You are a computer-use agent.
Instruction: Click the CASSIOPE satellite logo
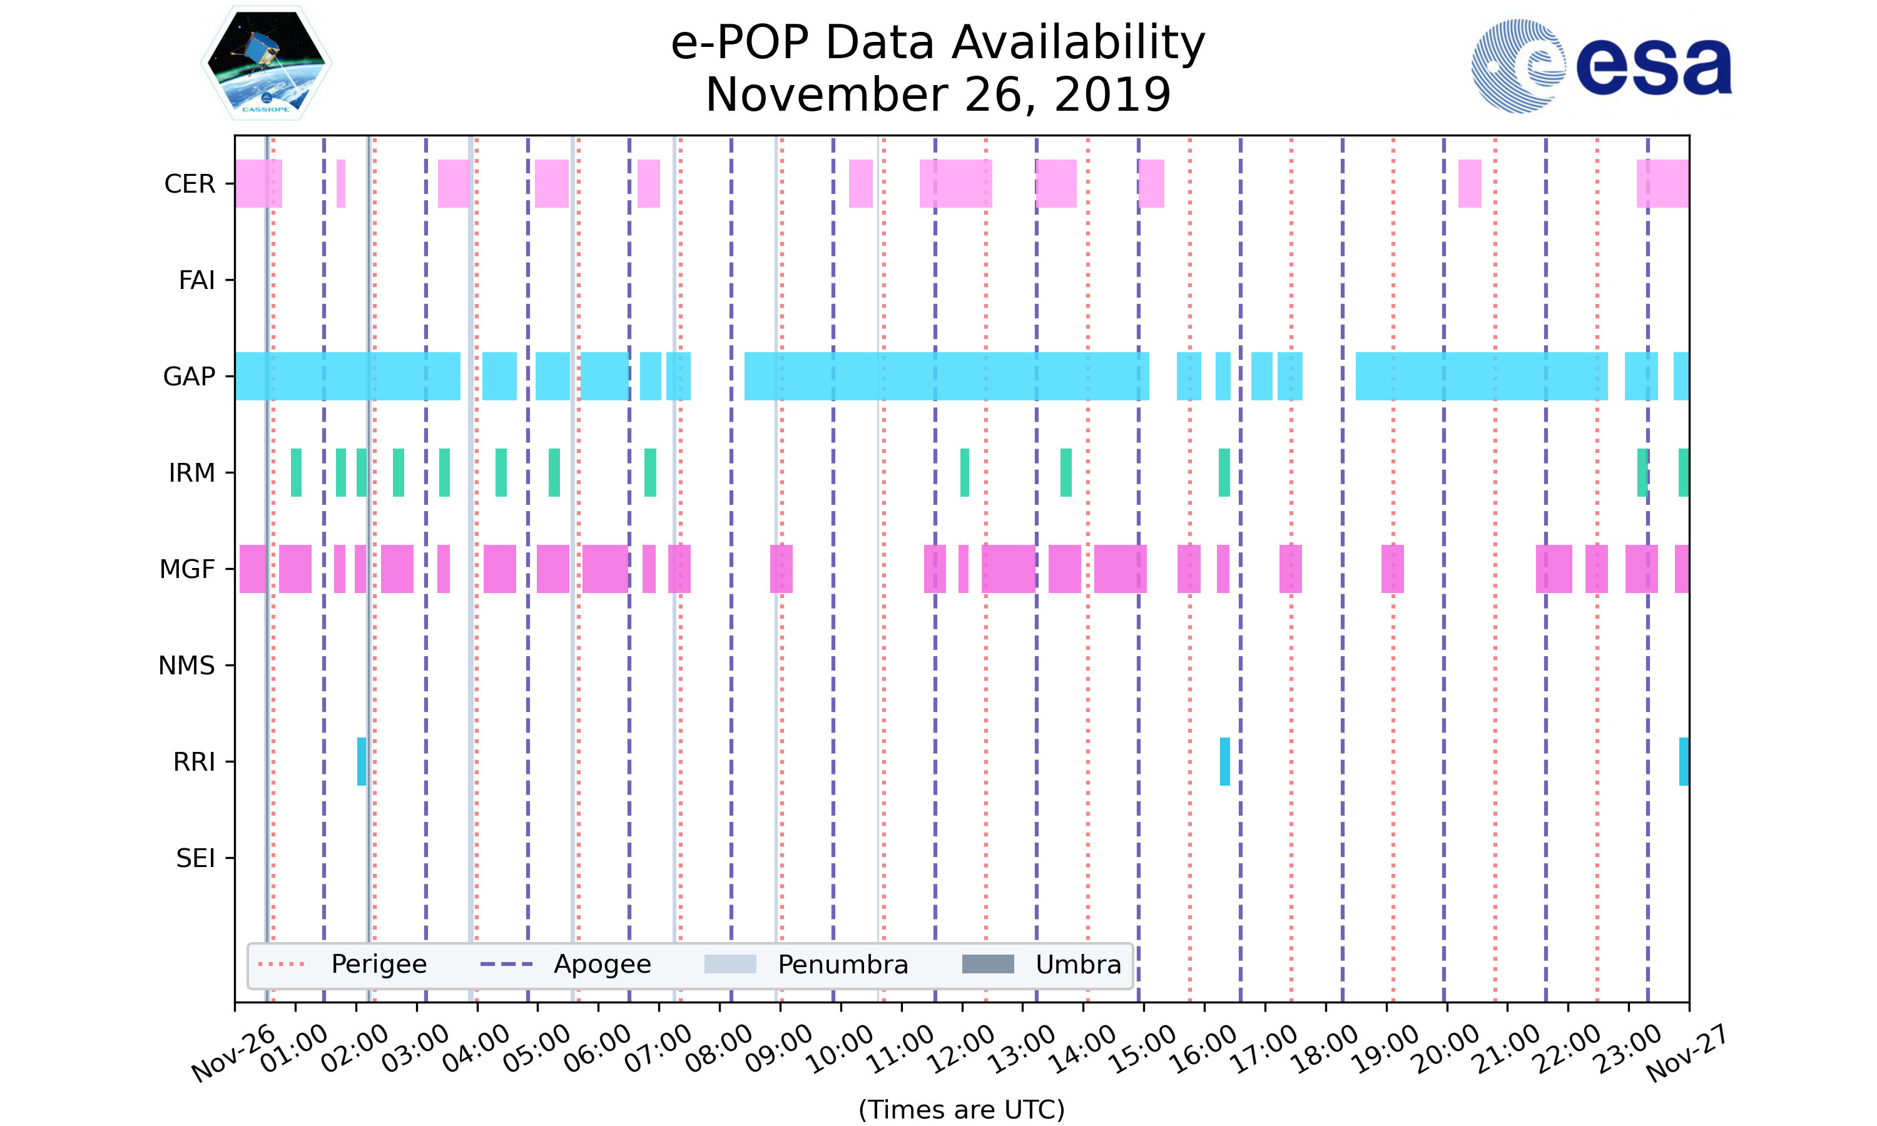point(267,63)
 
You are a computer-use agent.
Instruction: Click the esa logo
point(1601,66)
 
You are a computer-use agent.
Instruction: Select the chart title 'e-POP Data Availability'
point(938,43)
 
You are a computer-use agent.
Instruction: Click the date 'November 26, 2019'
point(938,95)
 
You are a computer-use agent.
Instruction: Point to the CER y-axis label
point(190,185)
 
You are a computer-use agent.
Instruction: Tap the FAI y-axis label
point(196,281)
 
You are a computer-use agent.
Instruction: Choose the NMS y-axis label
point(186,666)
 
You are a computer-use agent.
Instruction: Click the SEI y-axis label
point(195,859)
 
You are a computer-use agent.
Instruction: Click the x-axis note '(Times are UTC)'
point(961,1109)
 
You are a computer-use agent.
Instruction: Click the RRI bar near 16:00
point(1224,762)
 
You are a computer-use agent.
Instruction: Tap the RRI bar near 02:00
point(362,762)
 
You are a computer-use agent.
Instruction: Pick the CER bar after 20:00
point(1470,184)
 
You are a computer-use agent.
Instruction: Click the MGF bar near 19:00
point(1392,569)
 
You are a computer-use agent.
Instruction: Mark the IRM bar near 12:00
point(964,473)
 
